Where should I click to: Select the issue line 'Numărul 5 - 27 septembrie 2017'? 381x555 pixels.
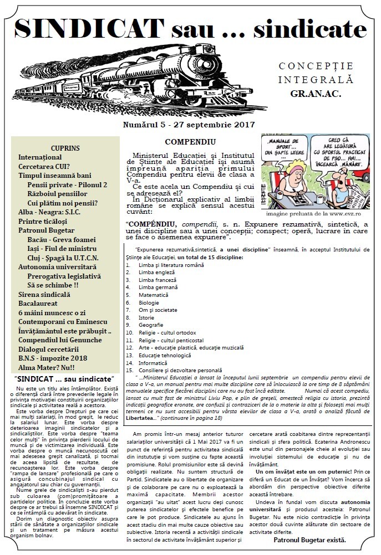click(x=189, y=126)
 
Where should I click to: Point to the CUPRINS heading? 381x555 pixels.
click(x=65, y=148)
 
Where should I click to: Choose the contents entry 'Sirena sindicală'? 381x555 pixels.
click(x=44, y=295)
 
